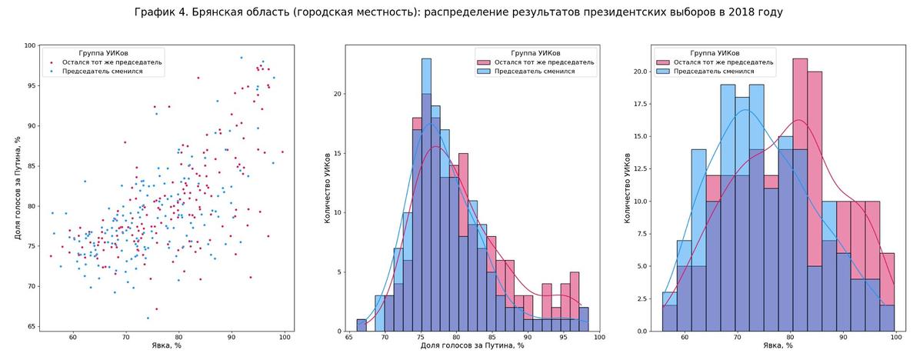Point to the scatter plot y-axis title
pos(18,188)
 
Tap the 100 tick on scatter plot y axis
pos(30,45)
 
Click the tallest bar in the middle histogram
pos(426,192)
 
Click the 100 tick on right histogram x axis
pos(895,337)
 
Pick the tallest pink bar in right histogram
pos(800,192)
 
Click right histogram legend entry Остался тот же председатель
pos(723,62)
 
